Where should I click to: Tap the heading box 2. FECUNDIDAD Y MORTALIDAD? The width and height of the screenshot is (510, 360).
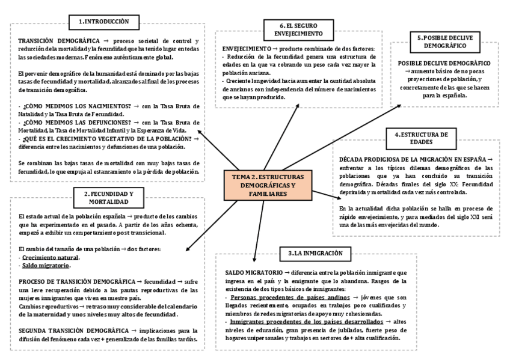pyautogui.click(x=109, y=197)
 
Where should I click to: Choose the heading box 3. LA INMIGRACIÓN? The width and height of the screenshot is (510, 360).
pyautogui.click(x=310, y=253)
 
